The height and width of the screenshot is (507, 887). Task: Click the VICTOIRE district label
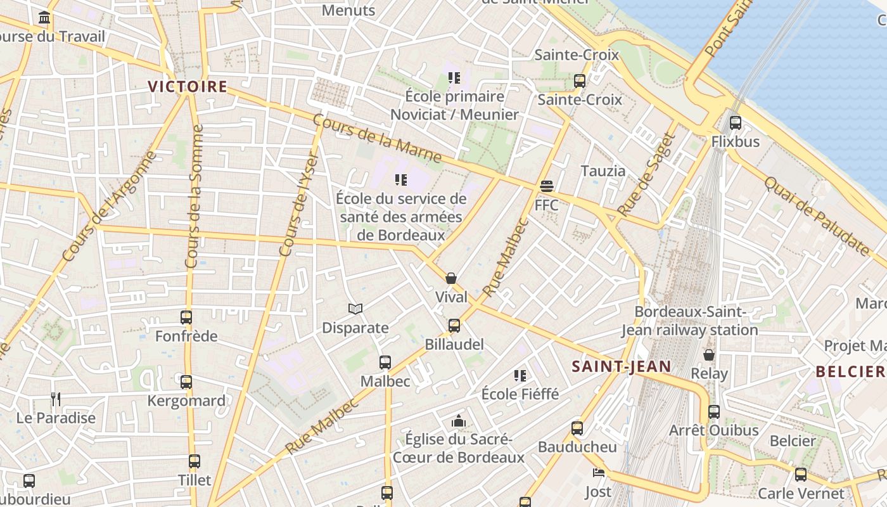click(x=188, y=87)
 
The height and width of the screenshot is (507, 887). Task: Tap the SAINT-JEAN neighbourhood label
click(x=621, y=366)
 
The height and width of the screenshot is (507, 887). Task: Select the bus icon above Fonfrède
click(x=186, y=318)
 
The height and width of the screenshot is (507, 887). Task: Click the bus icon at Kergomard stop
click(x=186, y=382)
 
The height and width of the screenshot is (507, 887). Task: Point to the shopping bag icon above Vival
click(x=451, y=278)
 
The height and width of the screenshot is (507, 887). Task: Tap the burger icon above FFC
click(x=547, y=186)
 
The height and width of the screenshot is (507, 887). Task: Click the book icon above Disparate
click(x=355, y=309)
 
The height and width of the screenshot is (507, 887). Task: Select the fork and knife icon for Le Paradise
click(x=56, y=399)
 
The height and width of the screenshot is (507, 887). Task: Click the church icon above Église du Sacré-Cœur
click(x=458, y=421)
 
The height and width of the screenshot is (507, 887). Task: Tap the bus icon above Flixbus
click(x=735, y=123)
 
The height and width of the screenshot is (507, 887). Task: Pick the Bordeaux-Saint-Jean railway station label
click(x=689, y=321)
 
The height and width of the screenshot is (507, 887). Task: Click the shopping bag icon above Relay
click(x=709, y=355)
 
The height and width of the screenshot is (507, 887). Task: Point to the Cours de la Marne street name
click(x=377, y=138)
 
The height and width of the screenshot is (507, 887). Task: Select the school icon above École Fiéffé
click(x=520, y=376)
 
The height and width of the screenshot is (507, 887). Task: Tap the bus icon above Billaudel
click(x=454, y=326)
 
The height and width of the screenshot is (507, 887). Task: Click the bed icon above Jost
click(x=598, y=473)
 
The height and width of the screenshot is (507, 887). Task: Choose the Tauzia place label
click(x=603, y=170)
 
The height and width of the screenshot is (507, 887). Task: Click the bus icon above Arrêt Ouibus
click(x=714, y=412)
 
